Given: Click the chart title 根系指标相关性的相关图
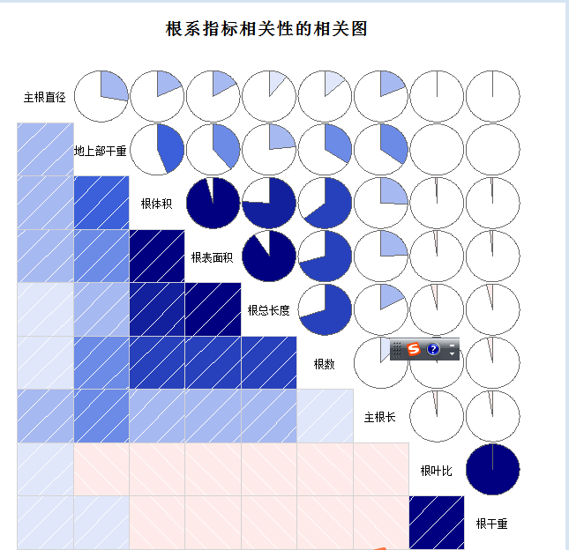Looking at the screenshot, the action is click(266, 29).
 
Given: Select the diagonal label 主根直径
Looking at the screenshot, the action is click(45, 97).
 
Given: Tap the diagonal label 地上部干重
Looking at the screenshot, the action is click(101, 151).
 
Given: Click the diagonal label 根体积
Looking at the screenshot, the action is click(157, 204).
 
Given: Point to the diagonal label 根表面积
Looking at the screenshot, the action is click(212, 257).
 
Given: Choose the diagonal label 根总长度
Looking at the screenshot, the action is click(268, 310).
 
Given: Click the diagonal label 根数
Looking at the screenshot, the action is click(324, 363).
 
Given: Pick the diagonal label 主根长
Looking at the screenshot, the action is click(380, 416).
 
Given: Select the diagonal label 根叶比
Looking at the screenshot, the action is click(436, 471).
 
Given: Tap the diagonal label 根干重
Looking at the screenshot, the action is click(491, 524).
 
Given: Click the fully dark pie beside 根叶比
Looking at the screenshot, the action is click(491, 470).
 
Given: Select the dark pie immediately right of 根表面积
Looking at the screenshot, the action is click(268, 256).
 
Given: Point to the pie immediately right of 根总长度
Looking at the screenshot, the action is click(325, 310).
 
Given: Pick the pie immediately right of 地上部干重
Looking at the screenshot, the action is click(157, 150).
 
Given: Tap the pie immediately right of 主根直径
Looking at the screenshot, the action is click(101, 96).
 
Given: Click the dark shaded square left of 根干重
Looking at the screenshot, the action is click(436, 523).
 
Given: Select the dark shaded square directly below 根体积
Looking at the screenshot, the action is click(157, 256).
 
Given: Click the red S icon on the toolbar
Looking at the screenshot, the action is click(413, 349).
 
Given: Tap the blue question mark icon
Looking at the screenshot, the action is click(433, 349).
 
